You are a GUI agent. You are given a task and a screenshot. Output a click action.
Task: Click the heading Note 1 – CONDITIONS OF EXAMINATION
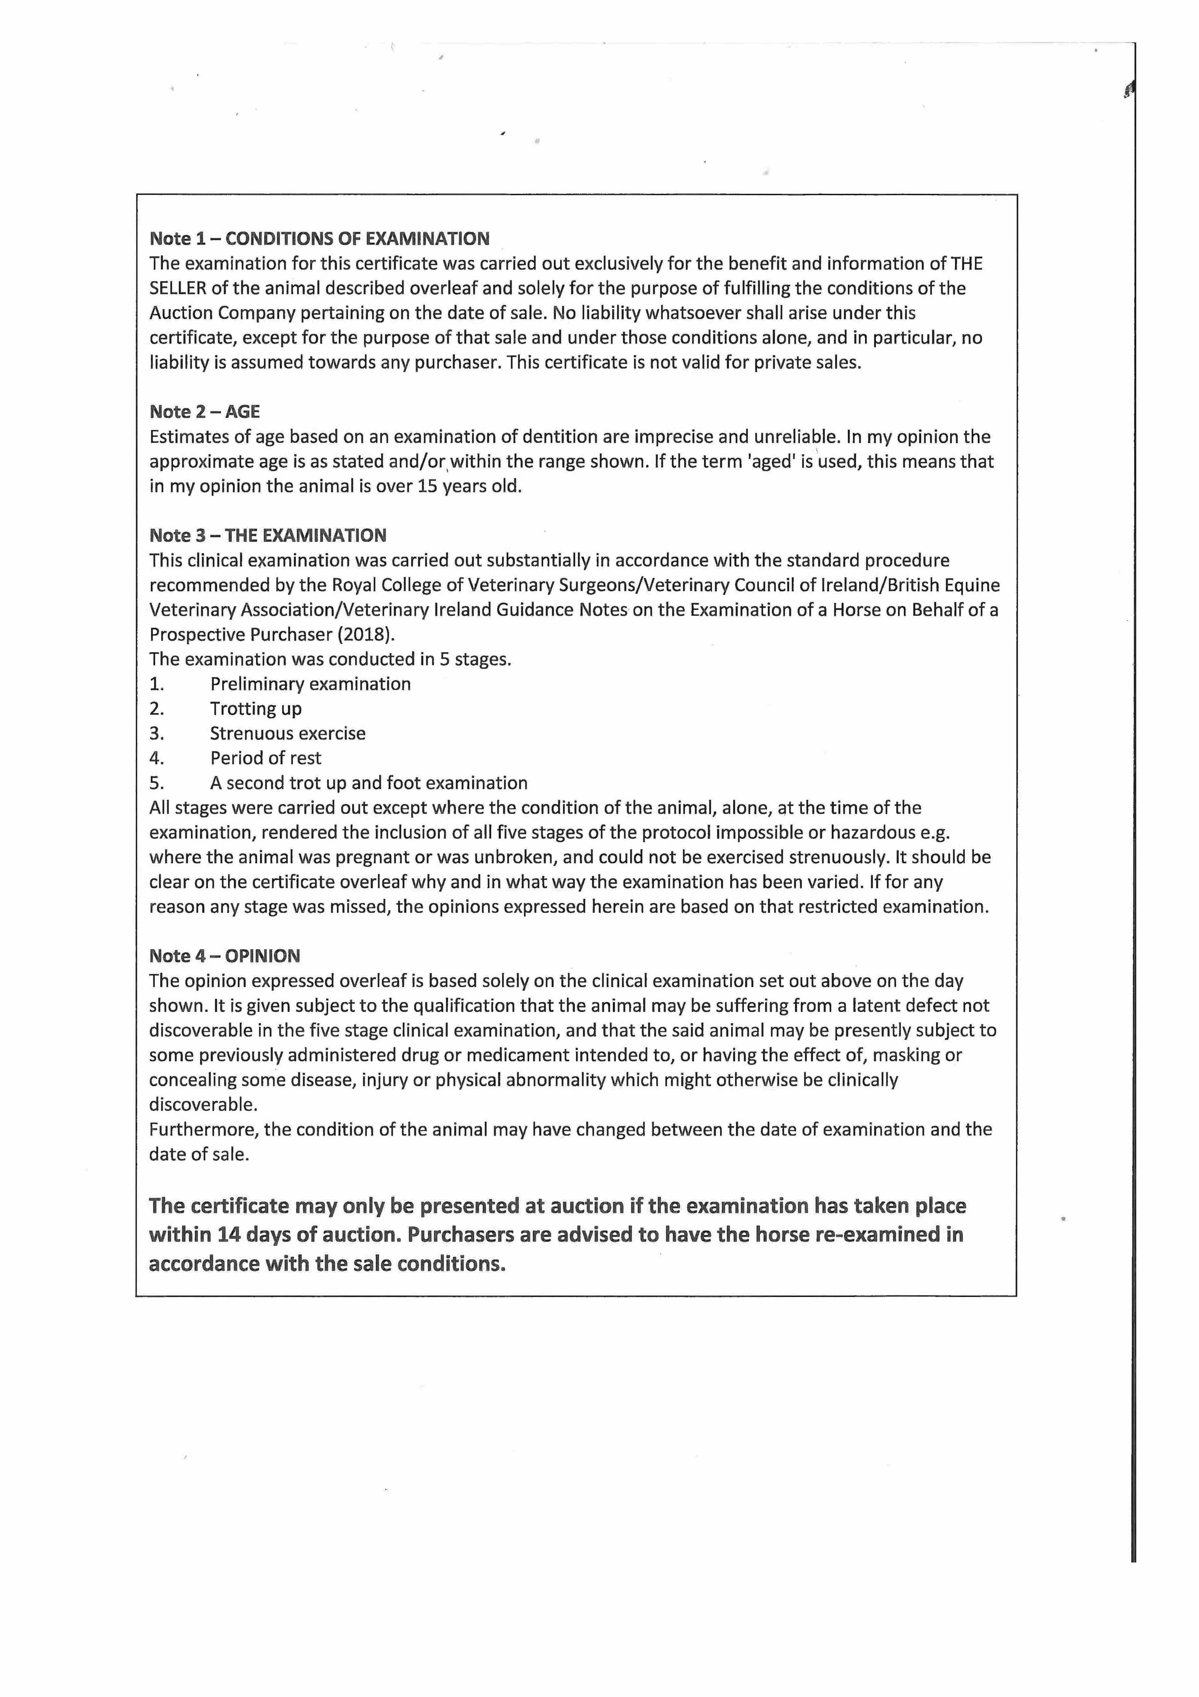click(x=319, y=239)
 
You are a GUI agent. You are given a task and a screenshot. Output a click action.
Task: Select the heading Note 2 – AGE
click(x=205, y=412)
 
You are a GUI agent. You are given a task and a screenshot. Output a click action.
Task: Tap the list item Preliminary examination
click(x=310, y=684)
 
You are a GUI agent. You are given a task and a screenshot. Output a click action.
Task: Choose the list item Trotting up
click(x=256, y=709)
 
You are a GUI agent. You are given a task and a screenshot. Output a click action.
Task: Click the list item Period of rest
click(x=265, y=758)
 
